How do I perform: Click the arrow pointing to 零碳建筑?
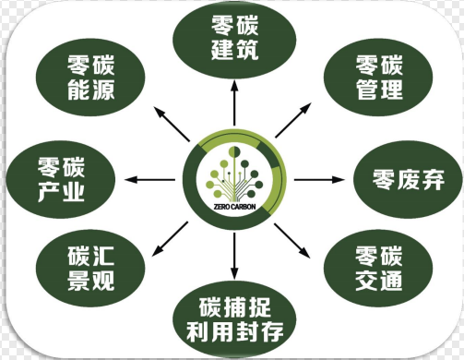[234, 106]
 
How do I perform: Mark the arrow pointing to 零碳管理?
[296, 121]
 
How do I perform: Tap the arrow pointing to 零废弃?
[321, 178]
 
